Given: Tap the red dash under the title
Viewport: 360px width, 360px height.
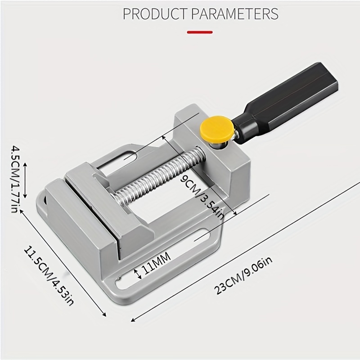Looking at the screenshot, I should point(200,32).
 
